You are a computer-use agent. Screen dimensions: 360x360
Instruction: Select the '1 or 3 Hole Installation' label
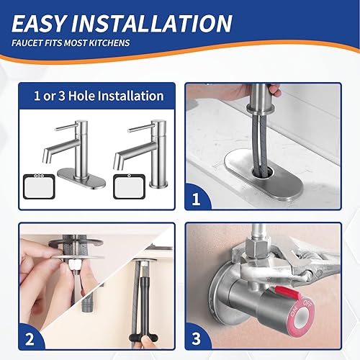coord(99,95)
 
